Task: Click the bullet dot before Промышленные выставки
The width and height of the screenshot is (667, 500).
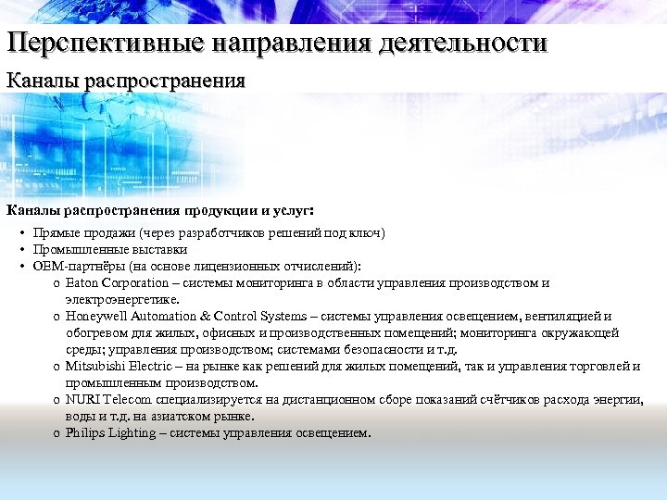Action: point(20,250)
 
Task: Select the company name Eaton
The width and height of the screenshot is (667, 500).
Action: point(82,283)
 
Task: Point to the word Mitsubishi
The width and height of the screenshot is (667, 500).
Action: point(94,367)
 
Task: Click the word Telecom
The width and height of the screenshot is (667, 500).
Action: point(126,400)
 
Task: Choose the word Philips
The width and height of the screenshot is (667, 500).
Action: point(84,433)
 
